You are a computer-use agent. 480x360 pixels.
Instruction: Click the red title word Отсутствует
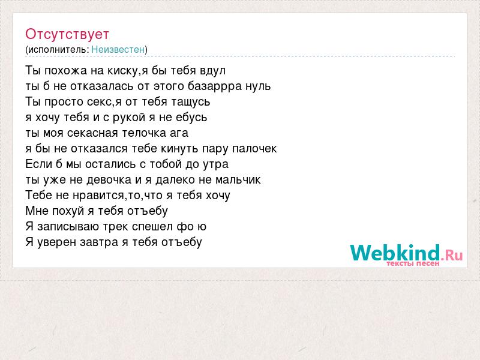click(x=67, y=34)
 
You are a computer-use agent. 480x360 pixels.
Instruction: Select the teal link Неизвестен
click(x=118, y=49)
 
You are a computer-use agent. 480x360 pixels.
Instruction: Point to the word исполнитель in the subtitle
click(x=58, y=50)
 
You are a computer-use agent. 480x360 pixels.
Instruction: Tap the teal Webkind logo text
click(x=395, y=253)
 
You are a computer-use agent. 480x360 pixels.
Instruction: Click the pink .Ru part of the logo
click(x=452, y=254)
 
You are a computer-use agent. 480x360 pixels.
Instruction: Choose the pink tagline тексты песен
click(x=413, y=263)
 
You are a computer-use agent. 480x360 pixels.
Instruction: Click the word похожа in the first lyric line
click(x=66, y=71)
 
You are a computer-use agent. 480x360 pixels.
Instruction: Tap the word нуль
click(x=258, y=86)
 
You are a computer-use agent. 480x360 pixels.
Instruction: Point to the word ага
click(x=179, y=133)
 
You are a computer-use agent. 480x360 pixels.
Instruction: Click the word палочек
click(x=254, y=149)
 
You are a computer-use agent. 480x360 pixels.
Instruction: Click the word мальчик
click(x=238, y=180)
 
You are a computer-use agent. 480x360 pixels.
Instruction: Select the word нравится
click(x=99, y=196)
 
